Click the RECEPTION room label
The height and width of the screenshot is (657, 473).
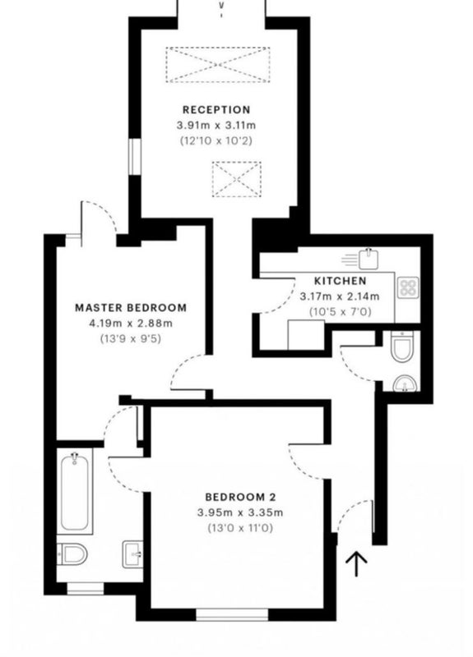click(x=216, y=110)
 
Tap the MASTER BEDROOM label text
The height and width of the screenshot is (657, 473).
click(x=131, y=307)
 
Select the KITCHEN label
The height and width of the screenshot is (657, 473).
click(x=340, y=281)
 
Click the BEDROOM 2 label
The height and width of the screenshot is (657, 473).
click(x=240, y=498)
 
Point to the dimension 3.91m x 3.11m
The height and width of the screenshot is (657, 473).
click(x=216, y=126)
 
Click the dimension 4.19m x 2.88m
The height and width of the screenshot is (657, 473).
click(x=131, y=323)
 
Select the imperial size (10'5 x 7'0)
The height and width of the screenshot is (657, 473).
click(x=340, y=312)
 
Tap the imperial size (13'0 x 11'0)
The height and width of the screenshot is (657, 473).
click(x=240, y=528)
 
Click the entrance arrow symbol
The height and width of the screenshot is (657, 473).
click(x=356, y=564)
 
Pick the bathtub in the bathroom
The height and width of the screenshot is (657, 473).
click(x=75, y=492)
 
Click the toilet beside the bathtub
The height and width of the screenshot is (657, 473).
click(x=72, y=554)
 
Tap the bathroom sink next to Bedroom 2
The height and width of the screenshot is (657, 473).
click(x=132, y=554)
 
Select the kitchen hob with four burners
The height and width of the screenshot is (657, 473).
click(x=408, y=287)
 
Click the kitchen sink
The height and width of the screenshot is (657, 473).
click(x=369, y=259)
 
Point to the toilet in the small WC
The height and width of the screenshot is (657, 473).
click(x=402, y=346)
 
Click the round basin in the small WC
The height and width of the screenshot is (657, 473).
click(x=406, y=384)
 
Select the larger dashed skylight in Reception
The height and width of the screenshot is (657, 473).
click(x=218, y=65)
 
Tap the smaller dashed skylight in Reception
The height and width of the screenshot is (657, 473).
click(x=237, y=179)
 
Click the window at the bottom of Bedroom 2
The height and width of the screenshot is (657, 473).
click(x=232, y=614)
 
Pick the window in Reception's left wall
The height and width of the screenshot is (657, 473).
click(x=134, y=157)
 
